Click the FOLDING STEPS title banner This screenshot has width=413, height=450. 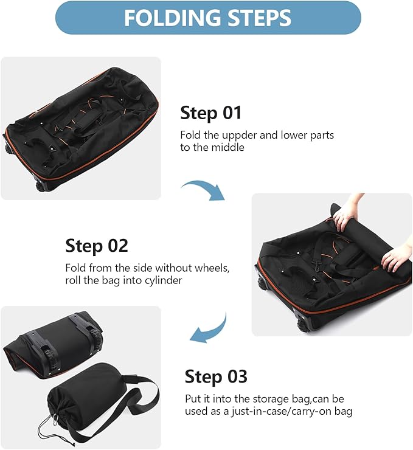(x=207, y=18)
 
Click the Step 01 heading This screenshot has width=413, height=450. (x=210, y=112)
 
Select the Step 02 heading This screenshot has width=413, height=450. (x=97, y=246)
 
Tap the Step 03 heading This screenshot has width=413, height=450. (x=216, y=376)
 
